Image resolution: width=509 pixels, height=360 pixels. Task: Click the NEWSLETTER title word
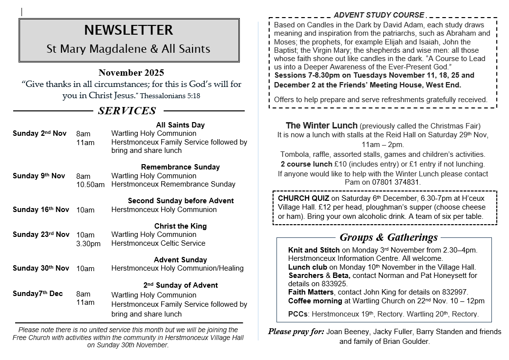click(x=128, y=30)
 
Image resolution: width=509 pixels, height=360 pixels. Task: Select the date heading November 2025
click(x=131, y=73)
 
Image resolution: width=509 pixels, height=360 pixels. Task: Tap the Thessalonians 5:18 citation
click(x=170, y=96)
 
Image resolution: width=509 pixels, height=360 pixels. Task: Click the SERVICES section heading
click(x=127, y=111)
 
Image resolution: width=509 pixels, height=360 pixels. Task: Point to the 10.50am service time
click(x=90, y=185)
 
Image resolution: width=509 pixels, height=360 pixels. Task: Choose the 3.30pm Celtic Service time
click(x=88, y=243)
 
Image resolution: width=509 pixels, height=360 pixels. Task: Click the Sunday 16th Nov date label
click(x=41, y=210)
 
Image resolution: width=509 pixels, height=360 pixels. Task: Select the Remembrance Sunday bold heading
click(x=180, y=167)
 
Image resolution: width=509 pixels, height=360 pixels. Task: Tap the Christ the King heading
click(x=180, y=226)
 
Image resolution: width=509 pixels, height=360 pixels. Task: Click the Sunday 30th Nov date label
click(x=41, y=268)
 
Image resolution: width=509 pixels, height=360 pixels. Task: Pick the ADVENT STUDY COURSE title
click(x=379, y=15)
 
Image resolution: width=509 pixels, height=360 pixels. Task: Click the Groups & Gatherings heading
click(x=388, y=238)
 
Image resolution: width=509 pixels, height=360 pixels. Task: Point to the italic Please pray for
click(x=296, y=332)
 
